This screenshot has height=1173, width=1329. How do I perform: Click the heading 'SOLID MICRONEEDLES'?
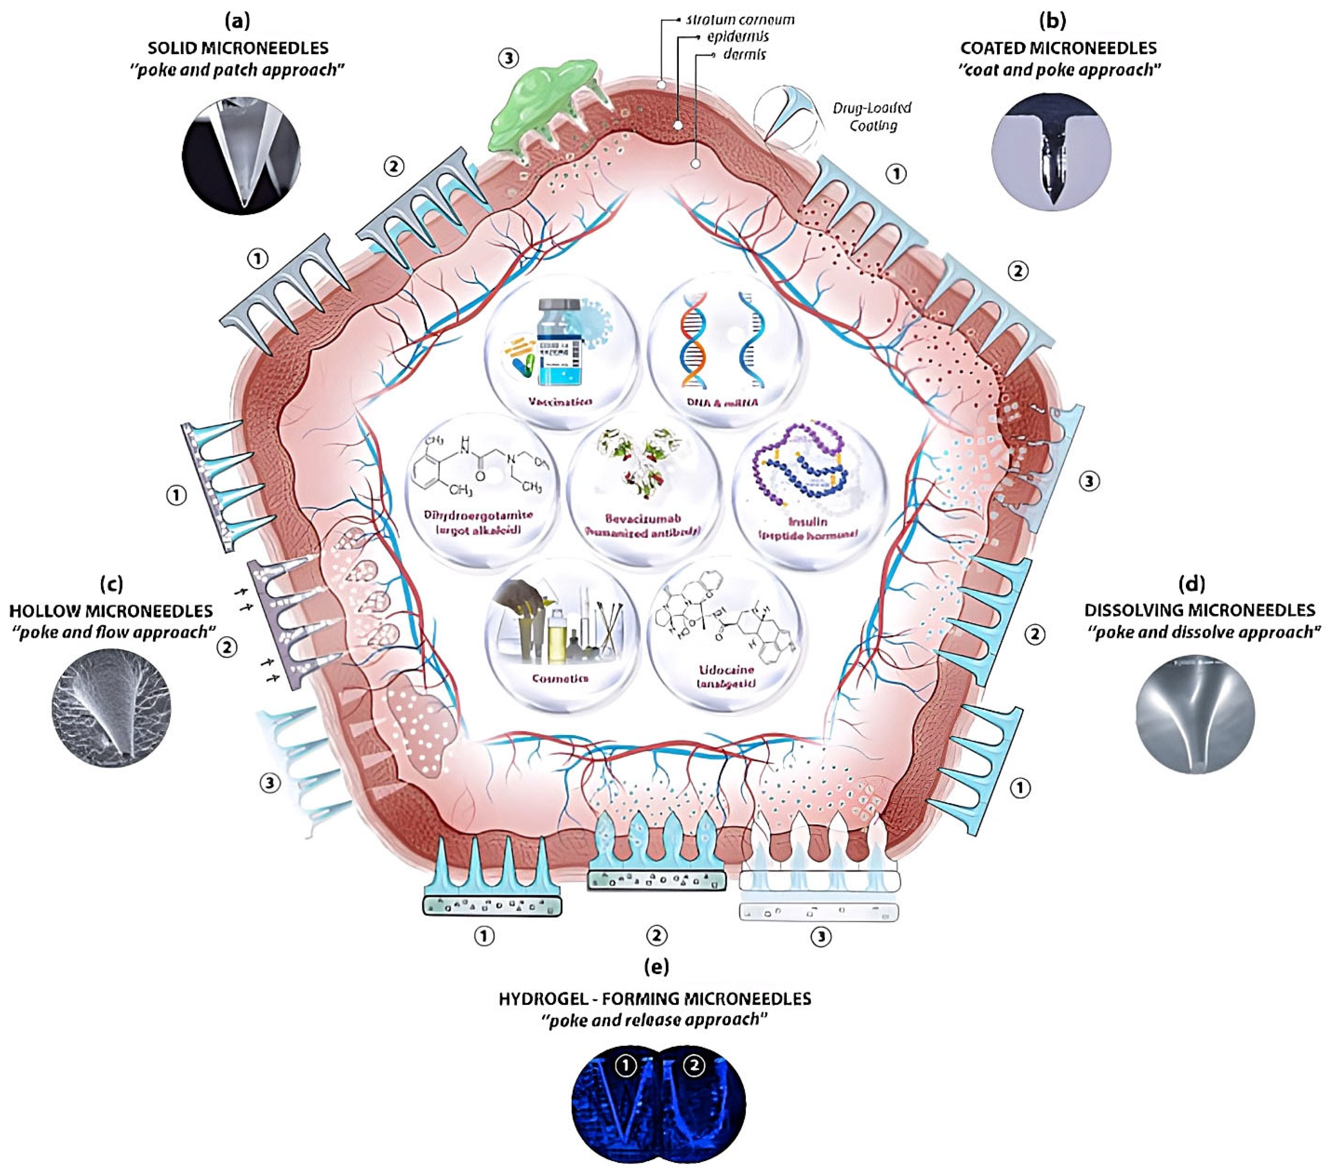(x=238, y=48)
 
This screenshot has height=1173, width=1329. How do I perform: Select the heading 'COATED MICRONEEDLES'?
(x=1058, y=48)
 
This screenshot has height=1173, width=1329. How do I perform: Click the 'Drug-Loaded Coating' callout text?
(x=872, y=116)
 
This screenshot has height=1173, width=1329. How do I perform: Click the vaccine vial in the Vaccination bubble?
(x=559, y=348)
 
